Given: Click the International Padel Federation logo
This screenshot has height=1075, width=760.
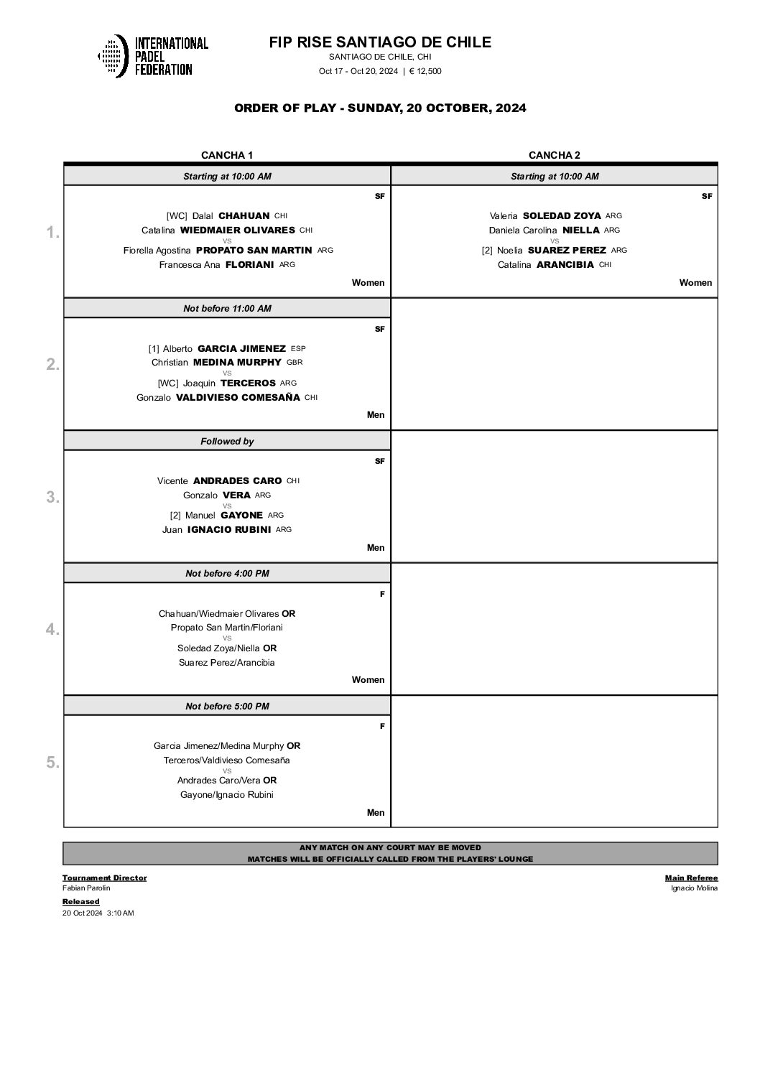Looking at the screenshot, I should (x=153, y=56).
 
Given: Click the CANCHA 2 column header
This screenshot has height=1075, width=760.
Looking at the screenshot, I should (x=554, y=155).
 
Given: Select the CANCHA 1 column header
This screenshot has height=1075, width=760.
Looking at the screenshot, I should (x=227, y=155).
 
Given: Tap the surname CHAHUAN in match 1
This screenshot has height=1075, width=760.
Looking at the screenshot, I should (x=244, y=215).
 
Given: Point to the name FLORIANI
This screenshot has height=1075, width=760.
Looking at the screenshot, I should (x=251, y=264).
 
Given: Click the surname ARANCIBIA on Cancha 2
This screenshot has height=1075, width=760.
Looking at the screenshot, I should (x=565, y=264).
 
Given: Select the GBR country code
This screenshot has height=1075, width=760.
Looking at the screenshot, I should (x=295, y=363).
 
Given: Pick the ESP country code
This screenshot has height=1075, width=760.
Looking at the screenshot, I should (x=298, y=348).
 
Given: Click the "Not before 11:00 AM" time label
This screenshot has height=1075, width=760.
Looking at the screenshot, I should (x=227, y=309).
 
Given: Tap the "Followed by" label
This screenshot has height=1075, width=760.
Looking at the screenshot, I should (x=227, y=442).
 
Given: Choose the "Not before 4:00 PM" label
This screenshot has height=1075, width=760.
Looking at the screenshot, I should (x=227, y=574).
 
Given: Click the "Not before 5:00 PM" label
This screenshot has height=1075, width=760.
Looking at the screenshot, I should (x=227, y=707).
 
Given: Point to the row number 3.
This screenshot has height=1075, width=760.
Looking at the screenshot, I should (x=52, y=497).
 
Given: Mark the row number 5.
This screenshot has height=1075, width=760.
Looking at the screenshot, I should (x=52, y=763).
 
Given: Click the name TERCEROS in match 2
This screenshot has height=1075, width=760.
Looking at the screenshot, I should (x=248, y=383).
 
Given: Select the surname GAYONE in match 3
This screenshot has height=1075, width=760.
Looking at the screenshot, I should (x=241, y=515).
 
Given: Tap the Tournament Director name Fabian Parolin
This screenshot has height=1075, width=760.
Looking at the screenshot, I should (x=86, y=888).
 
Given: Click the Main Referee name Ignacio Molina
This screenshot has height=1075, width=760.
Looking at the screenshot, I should (x=694, y=888).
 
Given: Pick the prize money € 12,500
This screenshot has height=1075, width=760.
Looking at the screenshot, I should (x=425, y=71).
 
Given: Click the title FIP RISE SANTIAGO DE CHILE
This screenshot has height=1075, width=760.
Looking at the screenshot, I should (x=380, y=42).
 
